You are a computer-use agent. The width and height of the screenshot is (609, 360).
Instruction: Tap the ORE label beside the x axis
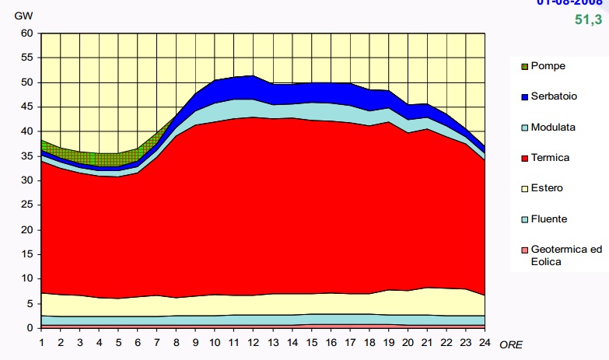tap(510, 343)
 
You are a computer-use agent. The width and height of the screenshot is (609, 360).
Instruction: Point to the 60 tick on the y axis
tap(28, 33)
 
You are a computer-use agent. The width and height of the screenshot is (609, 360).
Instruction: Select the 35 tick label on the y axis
tap(28, 156)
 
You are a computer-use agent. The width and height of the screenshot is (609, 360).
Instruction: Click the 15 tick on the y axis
tap(28, 254)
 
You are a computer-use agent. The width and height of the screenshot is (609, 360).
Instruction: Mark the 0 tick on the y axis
tap(30, 327)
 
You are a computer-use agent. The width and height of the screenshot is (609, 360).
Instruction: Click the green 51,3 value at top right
tap(589, 19)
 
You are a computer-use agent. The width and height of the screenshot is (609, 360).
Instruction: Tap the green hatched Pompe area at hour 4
tap(98, 159)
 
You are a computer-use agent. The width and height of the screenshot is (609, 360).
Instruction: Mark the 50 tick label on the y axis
tap(28, 82)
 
